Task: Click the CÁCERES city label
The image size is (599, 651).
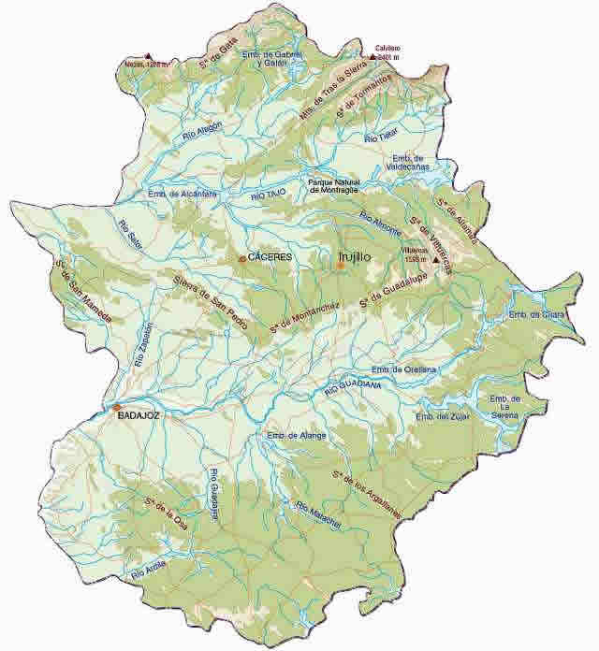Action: (270, 256)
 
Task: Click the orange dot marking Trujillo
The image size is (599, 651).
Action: (341, 266)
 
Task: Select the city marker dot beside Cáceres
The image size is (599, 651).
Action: (242, 258)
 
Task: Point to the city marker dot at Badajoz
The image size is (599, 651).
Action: (116, 408)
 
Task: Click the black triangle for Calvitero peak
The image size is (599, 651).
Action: (373, 57)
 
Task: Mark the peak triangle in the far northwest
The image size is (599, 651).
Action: (147, 56)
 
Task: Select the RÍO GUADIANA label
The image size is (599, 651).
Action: (353, 384)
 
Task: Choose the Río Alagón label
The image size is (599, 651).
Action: (203, 136)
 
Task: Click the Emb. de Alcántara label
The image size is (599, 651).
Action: (183, 194)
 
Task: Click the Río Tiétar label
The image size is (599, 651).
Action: (381, 137)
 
